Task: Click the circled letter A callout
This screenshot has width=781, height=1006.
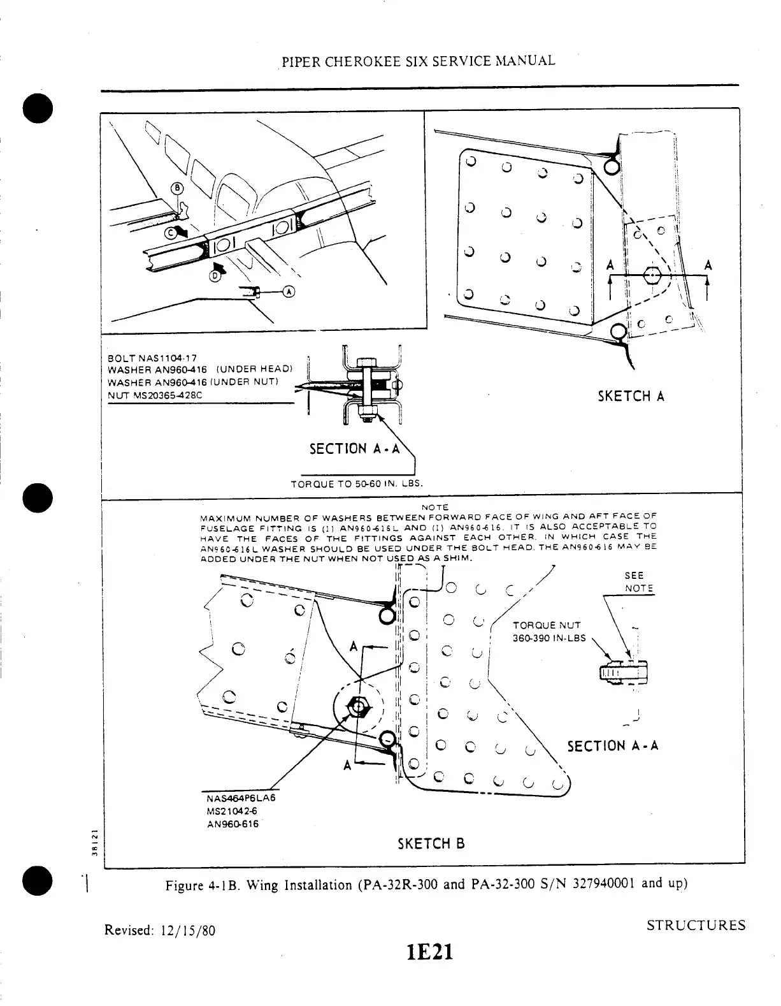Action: click(x=289, y=291)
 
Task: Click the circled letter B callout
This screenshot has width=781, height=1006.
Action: click(x=178, y=188)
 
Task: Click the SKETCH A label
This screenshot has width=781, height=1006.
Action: click(x=631, y=397)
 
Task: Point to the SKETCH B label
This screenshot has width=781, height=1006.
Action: click(x=431, y=844)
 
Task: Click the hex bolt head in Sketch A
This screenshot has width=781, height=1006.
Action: click(x=652, y=275)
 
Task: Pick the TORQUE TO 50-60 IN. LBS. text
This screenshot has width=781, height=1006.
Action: click(x=356, y=483)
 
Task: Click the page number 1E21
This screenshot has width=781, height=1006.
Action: click(x=430, y=952)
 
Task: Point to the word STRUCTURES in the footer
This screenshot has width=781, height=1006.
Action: click(x=696, y=926)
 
